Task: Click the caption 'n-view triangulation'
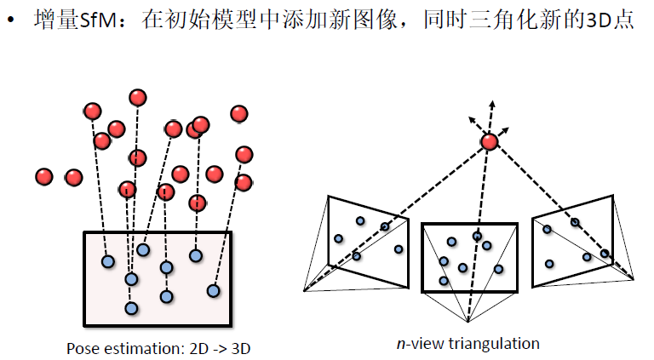point(468,344)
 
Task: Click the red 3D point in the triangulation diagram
point(489,142)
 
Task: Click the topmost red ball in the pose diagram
point(137,97)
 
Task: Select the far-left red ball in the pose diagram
point(44,176)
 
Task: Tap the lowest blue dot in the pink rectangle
point(130,307)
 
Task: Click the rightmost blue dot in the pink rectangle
point(213,291)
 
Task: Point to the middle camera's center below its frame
point(469,322)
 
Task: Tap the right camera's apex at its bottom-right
point(634,278)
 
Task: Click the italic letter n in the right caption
point(400,345)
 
